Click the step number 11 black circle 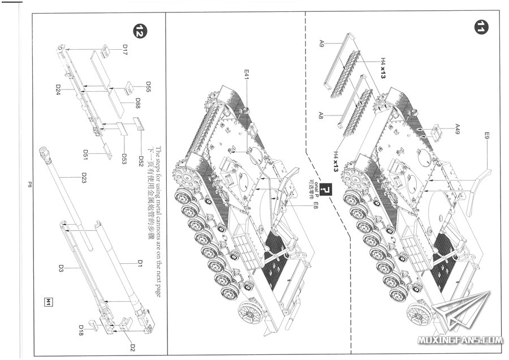[x=481, y=27]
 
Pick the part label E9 [x=486, y=136]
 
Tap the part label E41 [x=247, y=73]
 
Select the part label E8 [x=316, y=204]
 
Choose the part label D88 [x=138, y=104]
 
